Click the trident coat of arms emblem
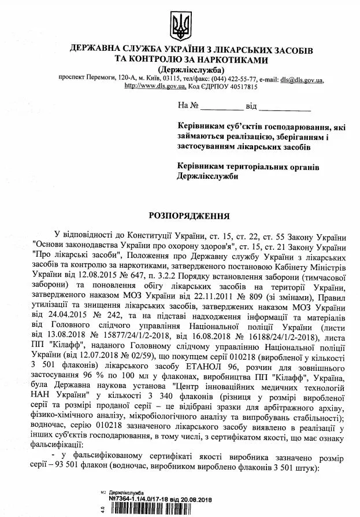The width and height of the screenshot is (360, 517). click(180, 25)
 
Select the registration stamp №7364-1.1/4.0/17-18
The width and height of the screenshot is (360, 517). click(138, 499)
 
